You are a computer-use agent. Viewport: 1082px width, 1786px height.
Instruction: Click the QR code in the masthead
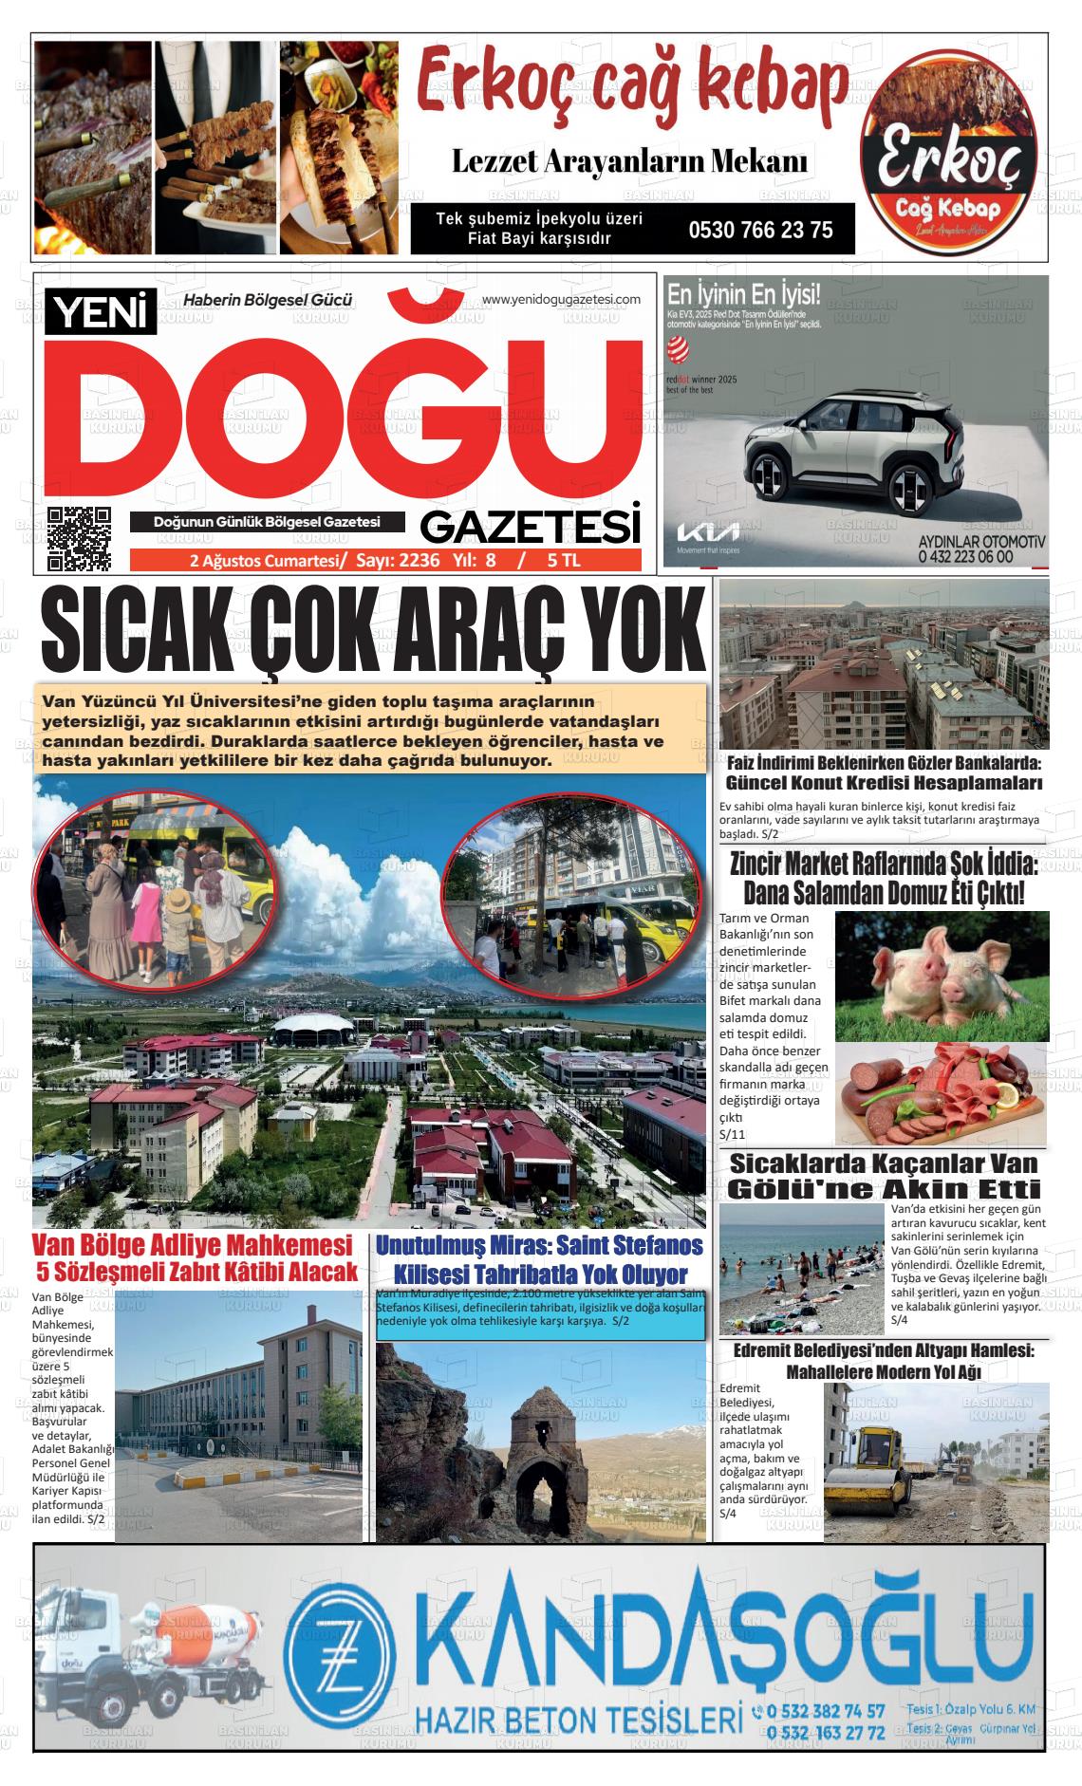click(x=80, y=538)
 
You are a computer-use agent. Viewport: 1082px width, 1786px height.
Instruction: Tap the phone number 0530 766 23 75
click(x=760, y=230)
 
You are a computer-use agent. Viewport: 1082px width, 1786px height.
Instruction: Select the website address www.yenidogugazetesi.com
click(x=561, y=300)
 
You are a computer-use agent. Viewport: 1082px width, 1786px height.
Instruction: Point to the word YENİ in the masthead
click(x=104, y=314)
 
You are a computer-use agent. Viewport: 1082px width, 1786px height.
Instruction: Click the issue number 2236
click(x=420, y=560)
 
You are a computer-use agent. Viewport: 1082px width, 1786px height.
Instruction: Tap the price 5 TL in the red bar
click(x=563, y=560)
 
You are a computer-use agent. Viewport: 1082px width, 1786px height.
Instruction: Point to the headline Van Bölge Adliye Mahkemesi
click(x=192, y=1245)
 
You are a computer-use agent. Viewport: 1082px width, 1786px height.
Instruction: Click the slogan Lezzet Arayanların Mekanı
click(x=630, y=162)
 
